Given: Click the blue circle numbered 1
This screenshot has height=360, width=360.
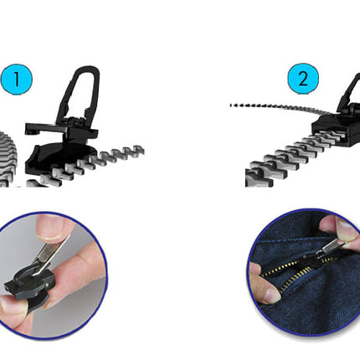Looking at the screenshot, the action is click(17, 80).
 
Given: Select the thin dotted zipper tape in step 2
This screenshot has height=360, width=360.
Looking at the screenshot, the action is click(282, 107).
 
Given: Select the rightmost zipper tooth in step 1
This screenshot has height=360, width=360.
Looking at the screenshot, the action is click(137, 151).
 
